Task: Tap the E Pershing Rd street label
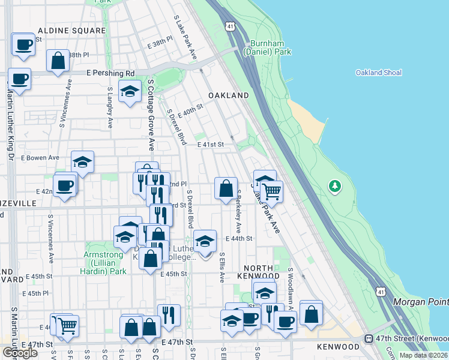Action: pyautogui.click(x=110, y=73)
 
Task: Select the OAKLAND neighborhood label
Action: pyautogui.click(x=228, y=95)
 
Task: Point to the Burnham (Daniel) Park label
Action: pyautogui.click(x=271, y=48)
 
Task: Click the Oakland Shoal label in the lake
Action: pyautogui.click(x=378, y=73)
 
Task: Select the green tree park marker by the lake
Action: pyautogui.click(x=334, y=187)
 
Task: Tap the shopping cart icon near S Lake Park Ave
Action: pyautogui.click(x=272, y=191)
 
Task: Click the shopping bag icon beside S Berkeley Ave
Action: pyautogui.click(x=226, y=188)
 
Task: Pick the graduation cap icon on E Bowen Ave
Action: pyautogui.click(x=83, y=161)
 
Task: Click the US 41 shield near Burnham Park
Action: pyautogui.click(x=231, y=26)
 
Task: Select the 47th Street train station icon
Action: pyautogui.click(x=369, y=339)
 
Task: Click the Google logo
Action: pyautogui.click(x=20, y=353)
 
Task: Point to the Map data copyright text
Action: pyautogui.click(x=424, y=355)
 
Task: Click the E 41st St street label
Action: pyautogui.click(x=210, y=145)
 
